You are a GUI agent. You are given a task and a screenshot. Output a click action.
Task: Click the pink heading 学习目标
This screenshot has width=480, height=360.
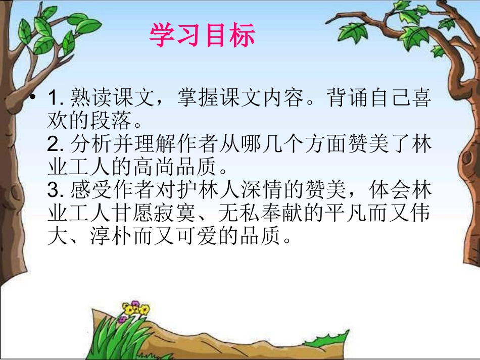202,36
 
